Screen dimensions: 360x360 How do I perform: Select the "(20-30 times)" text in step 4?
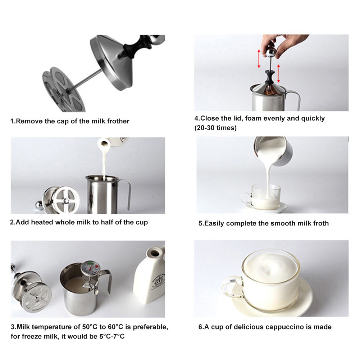coord(215,128)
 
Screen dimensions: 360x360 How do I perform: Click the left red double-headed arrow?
coord(259,59)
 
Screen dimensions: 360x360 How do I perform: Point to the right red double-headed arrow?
coord(278,73)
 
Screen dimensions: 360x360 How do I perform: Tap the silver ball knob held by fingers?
coord(270,52)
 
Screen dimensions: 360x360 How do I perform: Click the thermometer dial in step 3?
coord(91,268)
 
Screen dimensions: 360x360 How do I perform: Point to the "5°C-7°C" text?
coord(112,336)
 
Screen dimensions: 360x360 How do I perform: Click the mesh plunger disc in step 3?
coord(37,297)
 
